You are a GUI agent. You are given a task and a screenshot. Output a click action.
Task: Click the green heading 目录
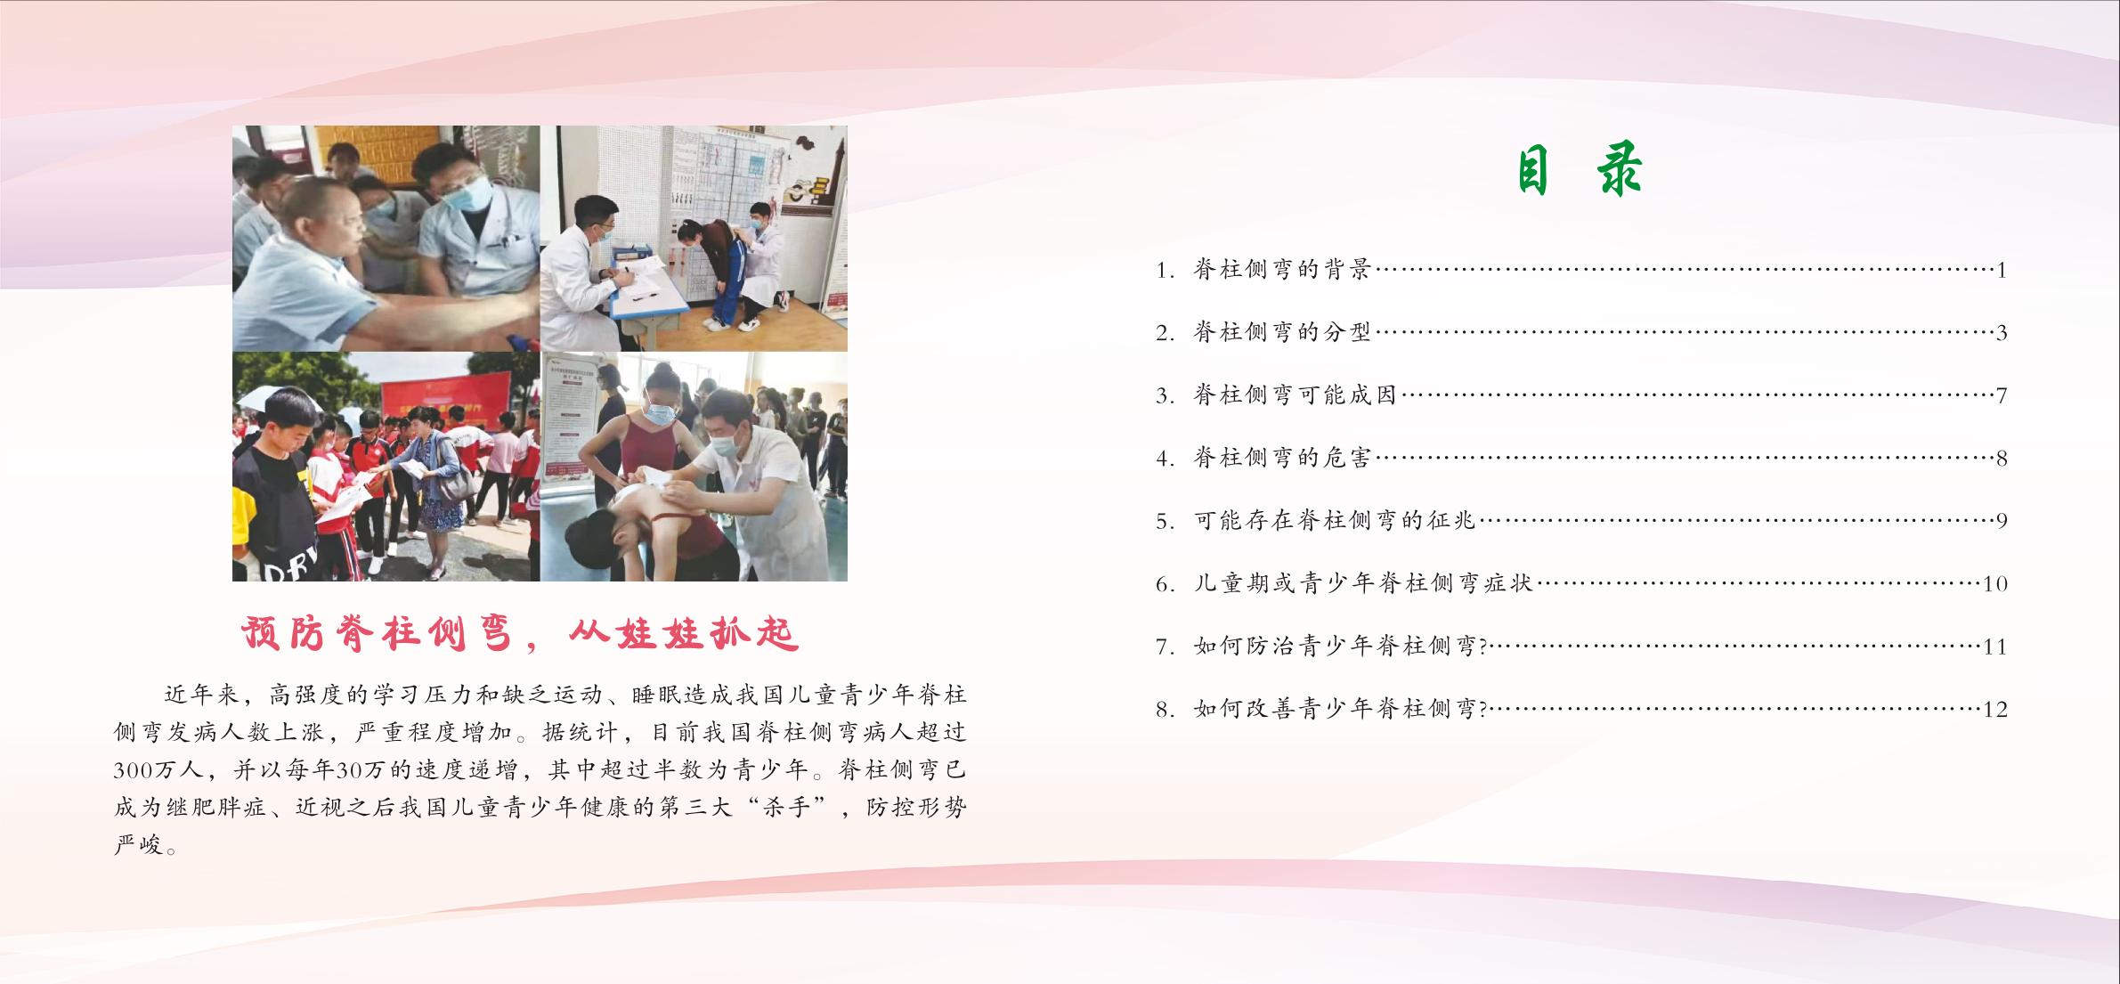coord(1579,172)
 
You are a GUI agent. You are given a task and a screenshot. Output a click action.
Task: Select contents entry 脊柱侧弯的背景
coord(1282,270)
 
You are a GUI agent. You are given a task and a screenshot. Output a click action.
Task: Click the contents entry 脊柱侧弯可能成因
coord(1296,395)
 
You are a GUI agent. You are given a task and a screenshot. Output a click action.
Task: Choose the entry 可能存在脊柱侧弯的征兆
coord(1335,521)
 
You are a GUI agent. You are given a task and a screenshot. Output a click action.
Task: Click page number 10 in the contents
coord(1995,584)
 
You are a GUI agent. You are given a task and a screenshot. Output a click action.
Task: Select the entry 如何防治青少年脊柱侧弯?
coord(1341,647)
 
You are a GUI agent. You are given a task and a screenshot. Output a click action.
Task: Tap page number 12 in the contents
coord(1995,710)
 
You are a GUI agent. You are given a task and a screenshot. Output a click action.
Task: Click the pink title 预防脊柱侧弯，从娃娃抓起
coord(521,634)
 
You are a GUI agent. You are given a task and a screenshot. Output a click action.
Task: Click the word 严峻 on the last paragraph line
coord(140,844)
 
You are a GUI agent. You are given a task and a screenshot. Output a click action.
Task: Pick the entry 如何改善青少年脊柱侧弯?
coord(1341,710)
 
